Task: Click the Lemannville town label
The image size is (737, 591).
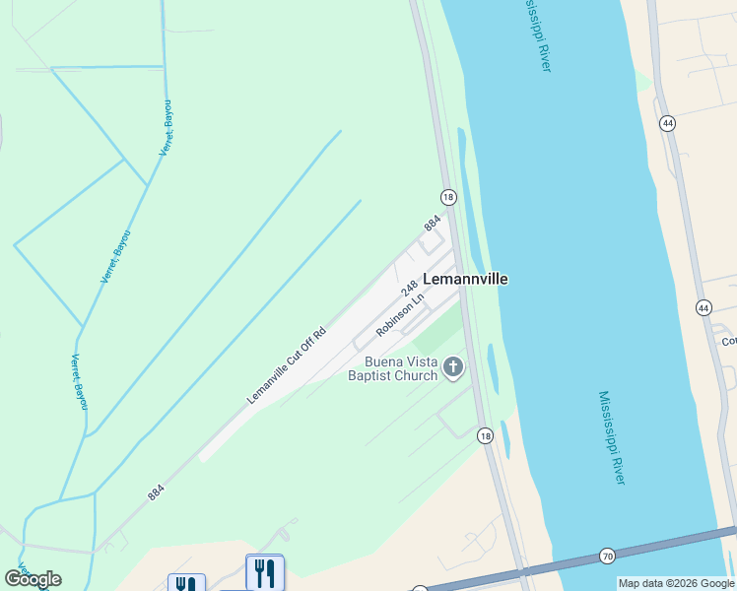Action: click(x=465, y=279)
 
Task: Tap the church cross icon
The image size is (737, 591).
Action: click(x=453, y=368)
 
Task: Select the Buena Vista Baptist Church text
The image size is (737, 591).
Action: click(x=392, y=368)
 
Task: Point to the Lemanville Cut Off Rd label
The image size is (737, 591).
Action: click(x=286, y=365)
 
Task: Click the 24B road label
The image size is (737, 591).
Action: click(x=410, y=289)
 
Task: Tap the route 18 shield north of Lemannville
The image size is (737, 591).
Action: click(x=448, y=197)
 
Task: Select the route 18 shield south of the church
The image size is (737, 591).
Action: click(x=485, y=434)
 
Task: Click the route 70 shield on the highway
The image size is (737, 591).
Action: click(x=607, y=557)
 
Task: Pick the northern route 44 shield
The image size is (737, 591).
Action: click(x=668, y=123)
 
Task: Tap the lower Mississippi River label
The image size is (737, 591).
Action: click(x=611, y=437)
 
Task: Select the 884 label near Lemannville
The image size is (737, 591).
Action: click(x=432, y=225)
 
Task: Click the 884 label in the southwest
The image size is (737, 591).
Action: click(x=156, y=492)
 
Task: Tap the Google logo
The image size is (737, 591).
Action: click(x=33, y=579)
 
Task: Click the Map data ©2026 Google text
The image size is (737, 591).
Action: click(x=677, y=583)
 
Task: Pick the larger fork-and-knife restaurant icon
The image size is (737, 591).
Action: click(x=264, y=572)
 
